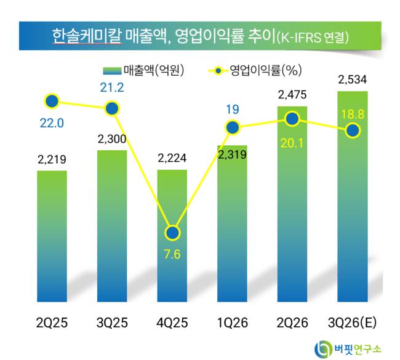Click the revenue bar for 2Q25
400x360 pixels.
point(52,236)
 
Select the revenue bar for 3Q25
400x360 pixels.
point(112,226)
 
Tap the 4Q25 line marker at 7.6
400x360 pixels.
point(172,233)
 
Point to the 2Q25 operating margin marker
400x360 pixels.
point(52,102)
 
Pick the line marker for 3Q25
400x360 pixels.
point(112,109)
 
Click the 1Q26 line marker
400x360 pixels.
point(233,127)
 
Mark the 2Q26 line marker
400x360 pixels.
point(292,119)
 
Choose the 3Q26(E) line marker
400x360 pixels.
point(353,130)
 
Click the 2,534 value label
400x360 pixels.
point(352,79)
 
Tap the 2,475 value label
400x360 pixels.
point(292,95)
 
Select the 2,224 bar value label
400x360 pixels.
point(172,158)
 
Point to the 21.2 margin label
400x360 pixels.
point(112,87)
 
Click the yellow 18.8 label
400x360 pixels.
point(353,114)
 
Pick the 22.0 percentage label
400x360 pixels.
point(52,123)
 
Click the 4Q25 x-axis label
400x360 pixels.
point(172,322)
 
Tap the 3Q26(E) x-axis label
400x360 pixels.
point(352,322)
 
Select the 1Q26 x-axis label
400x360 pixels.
point(233,322)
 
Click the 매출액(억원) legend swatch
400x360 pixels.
point(112,71)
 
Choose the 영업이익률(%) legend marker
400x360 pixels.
point(218,71)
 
